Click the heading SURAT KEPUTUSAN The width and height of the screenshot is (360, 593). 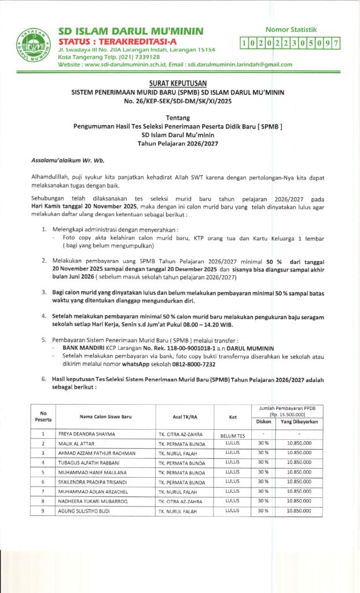coord(180,83)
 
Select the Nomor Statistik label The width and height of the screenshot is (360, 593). coord(291,29)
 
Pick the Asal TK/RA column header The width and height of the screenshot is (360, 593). coord(183,416)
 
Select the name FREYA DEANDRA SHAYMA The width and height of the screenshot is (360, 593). coord(87,434)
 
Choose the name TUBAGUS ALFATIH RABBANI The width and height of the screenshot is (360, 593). coord(89,463)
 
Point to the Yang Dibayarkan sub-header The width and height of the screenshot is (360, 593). coord(300,422)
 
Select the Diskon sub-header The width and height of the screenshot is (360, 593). coord(263,422)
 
